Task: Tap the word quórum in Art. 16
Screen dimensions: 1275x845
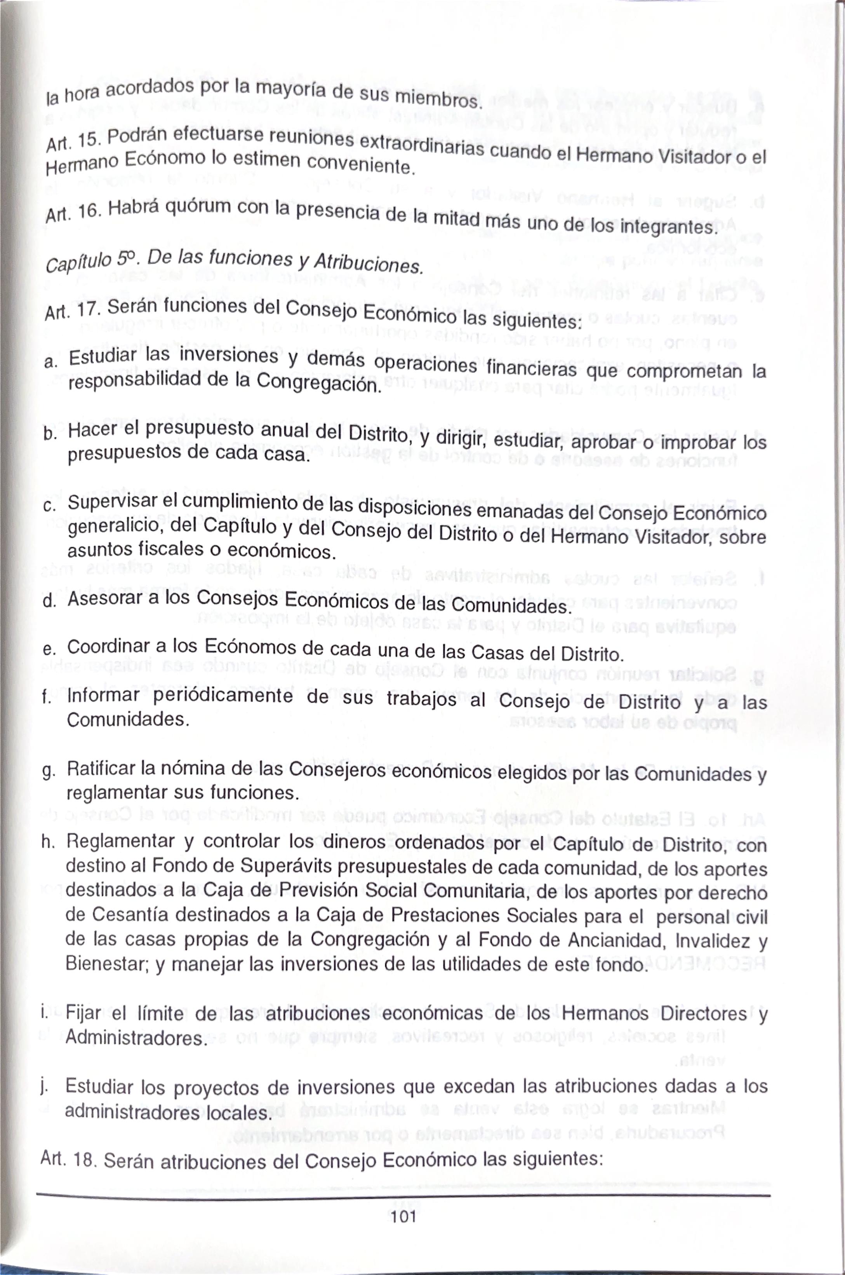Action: pos(199,209)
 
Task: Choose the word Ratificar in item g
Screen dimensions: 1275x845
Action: pos(101,768)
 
